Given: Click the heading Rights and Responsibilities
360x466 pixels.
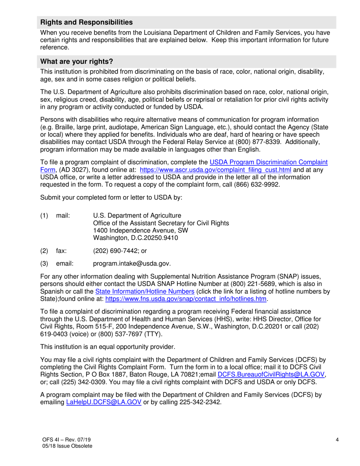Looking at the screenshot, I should point(86,22).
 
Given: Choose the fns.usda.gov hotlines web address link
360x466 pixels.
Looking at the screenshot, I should point(186,299).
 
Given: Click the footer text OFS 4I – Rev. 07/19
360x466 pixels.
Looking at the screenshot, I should point(67,439).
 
